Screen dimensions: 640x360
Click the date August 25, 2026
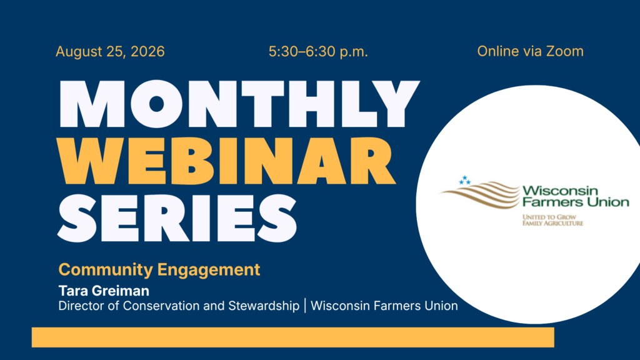110,52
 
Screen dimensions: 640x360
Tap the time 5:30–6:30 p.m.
318,52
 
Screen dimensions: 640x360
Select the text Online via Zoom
530,51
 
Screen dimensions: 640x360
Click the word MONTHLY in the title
239,104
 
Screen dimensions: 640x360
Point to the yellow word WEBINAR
226,161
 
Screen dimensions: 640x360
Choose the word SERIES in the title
177,218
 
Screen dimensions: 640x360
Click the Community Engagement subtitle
159,270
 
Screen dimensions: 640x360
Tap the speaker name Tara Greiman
104,291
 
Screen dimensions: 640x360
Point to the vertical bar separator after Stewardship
305,306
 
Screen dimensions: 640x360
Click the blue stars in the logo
464,180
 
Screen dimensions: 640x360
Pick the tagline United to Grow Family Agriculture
552,220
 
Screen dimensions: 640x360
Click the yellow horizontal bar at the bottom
293,337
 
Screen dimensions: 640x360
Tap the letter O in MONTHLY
156,104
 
